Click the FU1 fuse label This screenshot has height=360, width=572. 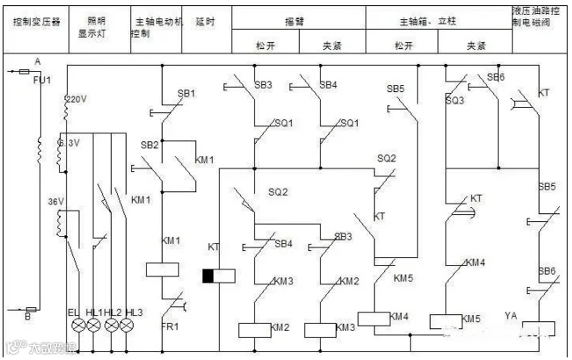[x=42, y=80]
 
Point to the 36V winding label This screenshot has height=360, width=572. [x=56, y=202]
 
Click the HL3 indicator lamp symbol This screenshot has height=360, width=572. [x=127, y=325]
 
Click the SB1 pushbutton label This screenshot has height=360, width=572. [x=186, y=93]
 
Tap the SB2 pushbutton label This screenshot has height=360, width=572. [x=149, y=145]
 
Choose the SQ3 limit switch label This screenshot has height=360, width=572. [x=454, y=101]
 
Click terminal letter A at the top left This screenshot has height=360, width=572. [x=37, y=61]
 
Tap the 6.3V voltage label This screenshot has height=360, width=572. [x=69, y=141]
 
